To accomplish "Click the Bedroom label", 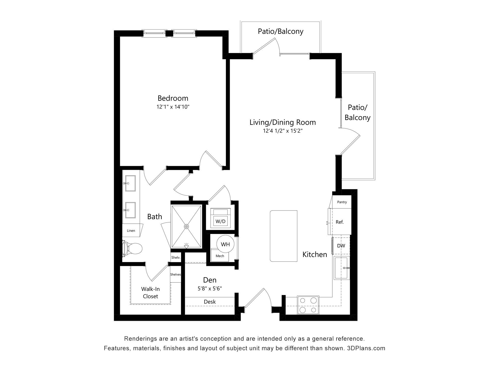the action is tap(173, 98).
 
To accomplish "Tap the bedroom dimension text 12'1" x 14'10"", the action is tap(173, 107).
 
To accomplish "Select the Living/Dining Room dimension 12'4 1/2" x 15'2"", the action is tap(283, 131).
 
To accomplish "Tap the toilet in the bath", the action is tap(132, 248).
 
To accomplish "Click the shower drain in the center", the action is tap(186, 226).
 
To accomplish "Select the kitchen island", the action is tap(283, 236).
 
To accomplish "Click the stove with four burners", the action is tap(308, 305).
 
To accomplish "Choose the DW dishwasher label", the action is tap(341, 246).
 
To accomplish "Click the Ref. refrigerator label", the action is tap(340, 222).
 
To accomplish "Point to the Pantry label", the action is tap(342, 202).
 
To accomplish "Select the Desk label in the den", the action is tap(210, 302).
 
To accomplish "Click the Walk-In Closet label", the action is tap(151, 293).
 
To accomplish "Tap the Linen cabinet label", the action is tap(131, 231).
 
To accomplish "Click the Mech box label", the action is tap(220, 256).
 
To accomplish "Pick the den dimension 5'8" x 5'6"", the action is tap(210, 289).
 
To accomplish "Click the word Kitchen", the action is tap(315, 254).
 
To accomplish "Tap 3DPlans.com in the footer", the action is tap(366, 348).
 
